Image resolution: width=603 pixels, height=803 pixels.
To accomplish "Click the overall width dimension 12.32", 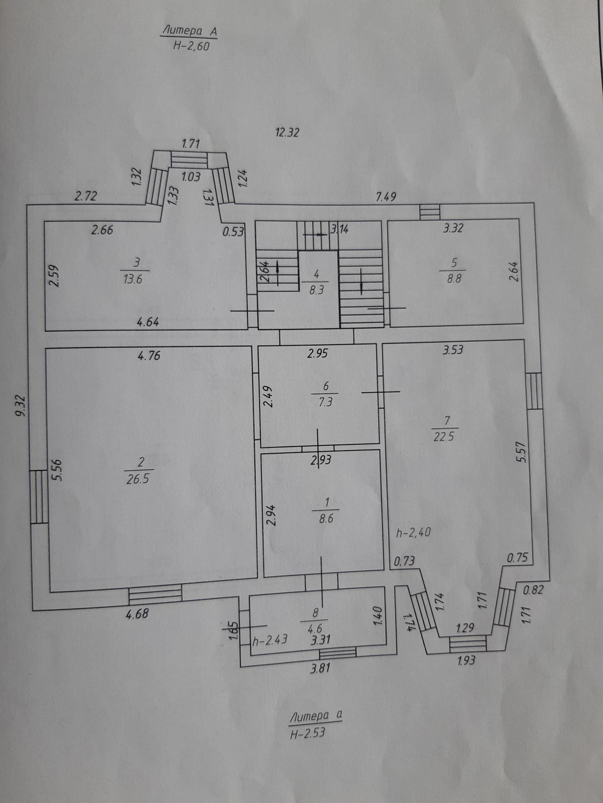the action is click(287, 133).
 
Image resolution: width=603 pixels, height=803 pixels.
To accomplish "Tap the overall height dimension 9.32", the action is click(21, 405).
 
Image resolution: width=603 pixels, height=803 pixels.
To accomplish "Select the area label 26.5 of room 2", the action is click(137, 478).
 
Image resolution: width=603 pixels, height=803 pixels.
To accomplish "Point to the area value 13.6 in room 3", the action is click(132, 279).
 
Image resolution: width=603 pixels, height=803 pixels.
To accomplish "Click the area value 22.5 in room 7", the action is click(444, 437).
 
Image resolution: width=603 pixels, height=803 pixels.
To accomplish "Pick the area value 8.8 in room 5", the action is click(454, 278).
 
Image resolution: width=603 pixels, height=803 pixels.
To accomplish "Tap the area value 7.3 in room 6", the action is click(325, 401).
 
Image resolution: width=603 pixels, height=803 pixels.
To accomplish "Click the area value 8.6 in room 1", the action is click(326, 518).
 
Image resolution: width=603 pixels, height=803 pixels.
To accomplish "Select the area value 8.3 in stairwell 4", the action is click(316, 290).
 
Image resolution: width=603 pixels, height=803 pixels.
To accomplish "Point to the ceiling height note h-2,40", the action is click(413, 533).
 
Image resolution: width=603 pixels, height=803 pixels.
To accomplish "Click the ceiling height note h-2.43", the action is click(270, 640).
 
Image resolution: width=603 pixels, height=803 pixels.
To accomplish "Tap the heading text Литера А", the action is click(189, 31).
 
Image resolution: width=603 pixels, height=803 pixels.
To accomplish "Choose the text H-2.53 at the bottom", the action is click(307, 734).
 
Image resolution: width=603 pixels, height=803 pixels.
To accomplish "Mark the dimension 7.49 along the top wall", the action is click(386, 196).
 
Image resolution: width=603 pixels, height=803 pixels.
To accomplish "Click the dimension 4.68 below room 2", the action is click(137, 615).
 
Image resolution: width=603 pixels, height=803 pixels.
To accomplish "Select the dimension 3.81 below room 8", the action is click(320, 668).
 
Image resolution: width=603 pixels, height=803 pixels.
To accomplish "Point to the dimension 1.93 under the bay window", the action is click(466, 660).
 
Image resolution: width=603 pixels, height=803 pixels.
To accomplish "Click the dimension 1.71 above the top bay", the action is click(190, 144).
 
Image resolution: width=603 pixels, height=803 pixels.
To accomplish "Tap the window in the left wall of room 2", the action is click(39, 496).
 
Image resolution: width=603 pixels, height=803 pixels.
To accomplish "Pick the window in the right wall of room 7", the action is click(534, 390).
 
